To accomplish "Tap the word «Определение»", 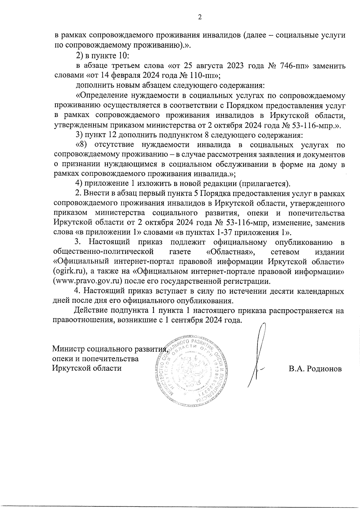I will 102,96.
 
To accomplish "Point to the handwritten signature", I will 259,354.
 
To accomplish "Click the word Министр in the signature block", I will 68,349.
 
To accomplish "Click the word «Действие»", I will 91,310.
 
